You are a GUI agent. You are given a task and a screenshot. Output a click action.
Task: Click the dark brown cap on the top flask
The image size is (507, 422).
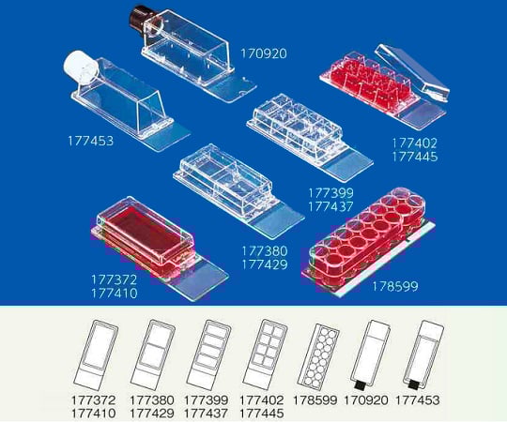point(141,20)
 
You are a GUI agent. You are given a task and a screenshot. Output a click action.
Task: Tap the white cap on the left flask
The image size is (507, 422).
point(80,68)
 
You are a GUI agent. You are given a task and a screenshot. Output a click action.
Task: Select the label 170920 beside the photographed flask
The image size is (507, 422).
point(264,53)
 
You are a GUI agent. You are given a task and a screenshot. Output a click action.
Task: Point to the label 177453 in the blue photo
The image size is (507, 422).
point(90,141)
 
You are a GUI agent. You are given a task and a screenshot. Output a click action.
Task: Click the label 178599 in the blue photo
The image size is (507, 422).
point(394,286)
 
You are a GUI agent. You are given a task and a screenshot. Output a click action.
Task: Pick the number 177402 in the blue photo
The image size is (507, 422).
point(415,143)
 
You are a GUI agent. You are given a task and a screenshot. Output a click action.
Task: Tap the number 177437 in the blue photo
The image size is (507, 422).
point(330,206)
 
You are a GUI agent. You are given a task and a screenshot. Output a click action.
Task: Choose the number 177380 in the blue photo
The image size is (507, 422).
point(265,251)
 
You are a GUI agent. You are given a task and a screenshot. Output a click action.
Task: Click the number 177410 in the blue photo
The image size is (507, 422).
point(115,294)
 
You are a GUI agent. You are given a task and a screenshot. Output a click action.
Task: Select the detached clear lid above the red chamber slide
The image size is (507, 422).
point(412,72)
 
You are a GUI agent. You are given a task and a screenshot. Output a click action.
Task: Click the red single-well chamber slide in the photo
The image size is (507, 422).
point(146,239)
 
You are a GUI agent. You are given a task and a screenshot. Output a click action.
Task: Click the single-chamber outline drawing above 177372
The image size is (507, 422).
point(96,355)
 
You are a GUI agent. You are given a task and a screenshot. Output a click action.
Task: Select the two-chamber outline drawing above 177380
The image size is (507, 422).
point(153,355)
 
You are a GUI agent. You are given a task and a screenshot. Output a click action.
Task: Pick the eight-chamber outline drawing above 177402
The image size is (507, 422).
point(265,354)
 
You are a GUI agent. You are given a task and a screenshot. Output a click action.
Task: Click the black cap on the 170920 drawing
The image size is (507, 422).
point(359,385)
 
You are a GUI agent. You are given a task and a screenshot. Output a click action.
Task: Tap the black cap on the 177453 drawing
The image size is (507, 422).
point(412,385)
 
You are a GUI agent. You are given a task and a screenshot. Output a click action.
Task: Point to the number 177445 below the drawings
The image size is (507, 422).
point(262,414)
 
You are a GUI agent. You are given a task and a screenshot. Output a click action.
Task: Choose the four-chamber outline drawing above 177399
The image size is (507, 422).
point(208,355)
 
